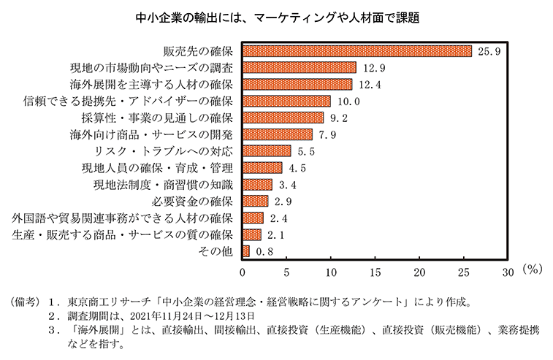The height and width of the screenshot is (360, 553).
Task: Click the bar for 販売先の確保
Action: [357, 51]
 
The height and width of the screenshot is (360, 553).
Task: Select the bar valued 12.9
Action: [300, 68]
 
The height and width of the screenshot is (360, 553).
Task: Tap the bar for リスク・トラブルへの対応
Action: [267, 151]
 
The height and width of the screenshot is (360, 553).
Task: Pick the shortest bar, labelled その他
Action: [246, 251]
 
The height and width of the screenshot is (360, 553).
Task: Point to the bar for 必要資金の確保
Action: [256, 201]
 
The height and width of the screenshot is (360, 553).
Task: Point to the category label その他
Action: [216, 251]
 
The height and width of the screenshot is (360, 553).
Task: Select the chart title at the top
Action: [276, 15]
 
